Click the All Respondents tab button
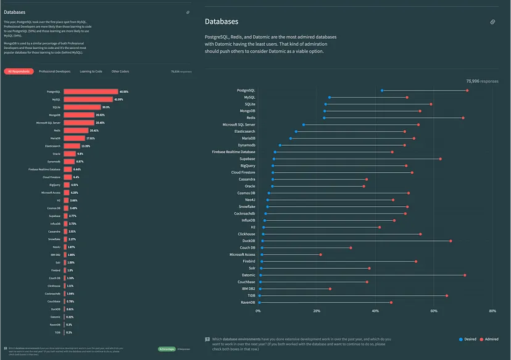(x=19, y=72)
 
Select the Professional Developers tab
(x=54, y=72)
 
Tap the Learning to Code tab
(x=91, y=72)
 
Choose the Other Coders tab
(x=120, y=72)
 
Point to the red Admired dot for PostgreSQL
(x=467, y=91)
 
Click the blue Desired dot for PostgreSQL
(x=382, y=91)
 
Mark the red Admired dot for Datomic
(x=465, y=275)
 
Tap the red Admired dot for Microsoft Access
(x=321, y=254)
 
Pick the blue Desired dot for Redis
(x=324, y=118)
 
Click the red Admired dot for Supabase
(x=440, y=159)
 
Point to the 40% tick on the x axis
(x=375, y=311)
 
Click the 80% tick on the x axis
(x=492, y=311)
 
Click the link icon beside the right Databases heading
(x=492, y=22)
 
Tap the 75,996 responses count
(x=482, y=81)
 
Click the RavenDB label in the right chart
(x=246, y=303)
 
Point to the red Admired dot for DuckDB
(x=451, y=241)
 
